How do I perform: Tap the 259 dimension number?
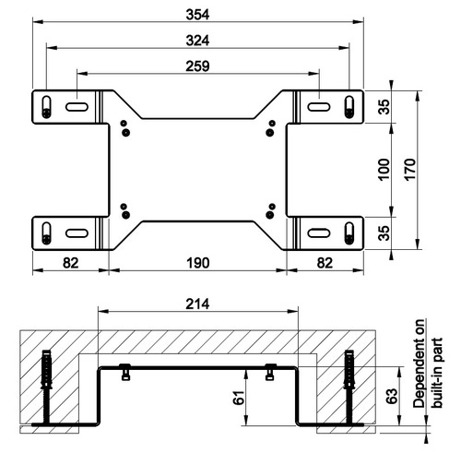click(197, 66)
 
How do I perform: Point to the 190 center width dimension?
click(197, 263)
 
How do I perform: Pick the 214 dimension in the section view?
click(197, 304)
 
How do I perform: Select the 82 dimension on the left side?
click(70, 263)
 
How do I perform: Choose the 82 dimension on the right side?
click(325, 263)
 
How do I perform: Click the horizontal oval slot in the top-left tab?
click(77, 107)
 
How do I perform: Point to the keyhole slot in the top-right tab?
click(349, 106)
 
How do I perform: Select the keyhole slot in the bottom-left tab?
click(46, 232)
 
